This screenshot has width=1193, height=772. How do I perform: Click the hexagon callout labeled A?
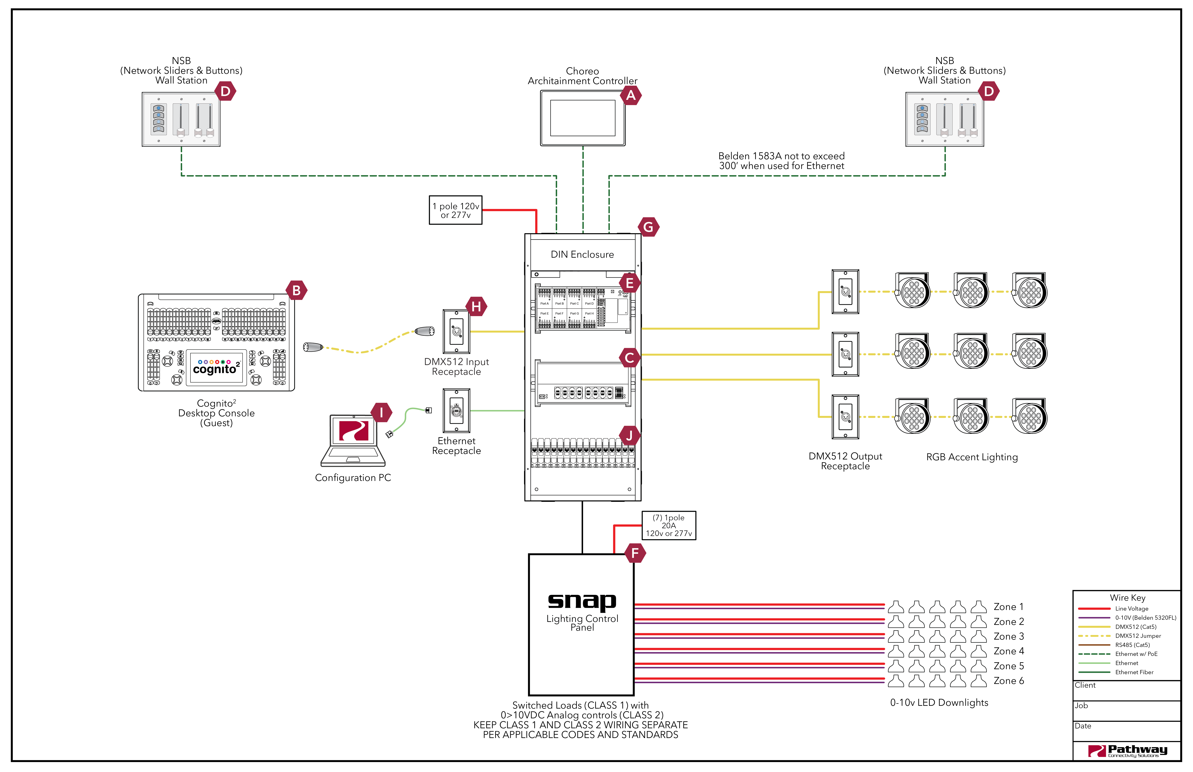coord(631,95)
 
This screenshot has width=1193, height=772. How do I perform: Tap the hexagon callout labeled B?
coord(296,290)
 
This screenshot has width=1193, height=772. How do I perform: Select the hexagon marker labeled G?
coord(648,227)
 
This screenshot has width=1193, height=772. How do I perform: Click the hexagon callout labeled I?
coord(381,413)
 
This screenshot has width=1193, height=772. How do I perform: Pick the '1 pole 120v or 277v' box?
coord(456,210)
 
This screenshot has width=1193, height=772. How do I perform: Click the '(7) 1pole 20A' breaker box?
coord(669,525)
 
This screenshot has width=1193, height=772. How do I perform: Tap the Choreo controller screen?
coord(582,118)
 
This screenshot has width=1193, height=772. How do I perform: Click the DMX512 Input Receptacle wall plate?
coord(456,331)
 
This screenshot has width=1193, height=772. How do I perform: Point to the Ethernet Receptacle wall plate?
coord(456,411)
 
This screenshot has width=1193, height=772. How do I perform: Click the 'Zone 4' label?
coord(1008,651)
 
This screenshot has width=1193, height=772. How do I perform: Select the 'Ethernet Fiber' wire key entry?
coord(1134,672)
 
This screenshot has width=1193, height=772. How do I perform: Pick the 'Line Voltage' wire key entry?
coord(1131,609)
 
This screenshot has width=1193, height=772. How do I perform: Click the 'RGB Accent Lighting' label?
coord(971,457)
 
